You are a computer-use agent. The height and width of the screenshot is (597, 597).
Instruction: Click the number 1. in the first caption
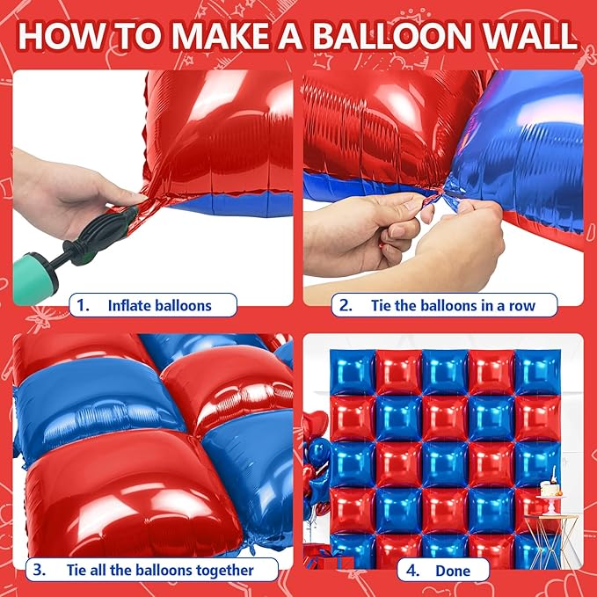(x=83, y=305)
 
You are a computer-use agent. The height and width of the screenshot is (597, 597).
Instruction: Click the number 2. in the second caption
(x=346, y=305)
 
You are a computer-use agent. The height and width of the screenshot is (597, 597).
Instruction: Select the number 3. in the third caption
(x=40, y=570)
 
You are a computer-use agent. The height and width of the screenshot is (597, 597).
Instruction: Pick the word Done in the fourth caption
(x=453, y=571)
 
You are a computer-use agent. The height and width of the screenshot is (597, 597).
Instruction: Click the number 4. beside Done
(x=412, y=571)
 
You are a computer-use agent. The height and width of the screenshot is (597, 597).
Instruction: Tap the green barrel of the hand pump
(x=33, y=279)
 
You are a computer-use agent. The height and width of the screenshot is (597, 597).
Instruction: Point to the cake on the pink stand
(x=550, y=485)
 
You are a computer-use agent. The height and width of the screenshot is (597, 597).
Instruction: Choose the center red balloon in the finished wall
(x=445, y=464)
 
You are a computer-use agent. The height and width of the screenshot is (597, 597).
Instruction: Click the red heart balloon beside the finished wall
(x=316, y=425)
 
